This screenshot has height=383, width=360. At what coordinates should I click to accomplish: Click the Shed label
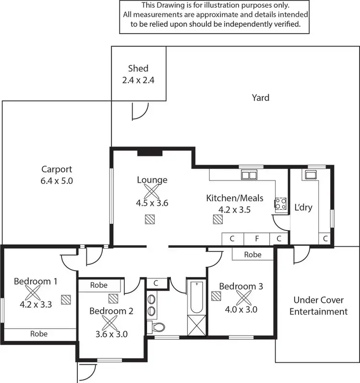pyautogui.click(x=138, y=69)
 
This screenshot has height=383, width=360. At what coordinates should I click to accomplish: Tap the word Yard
pyautogui.click(x=261, y=98)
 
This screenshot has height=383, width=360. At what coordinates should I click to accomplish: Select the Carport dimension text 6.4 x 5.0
pyautogui.click(x=57, y=181)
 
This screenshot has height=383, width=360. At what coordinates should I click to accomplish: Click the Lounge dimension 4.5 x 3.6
pyautogui.click(x=152, y=203)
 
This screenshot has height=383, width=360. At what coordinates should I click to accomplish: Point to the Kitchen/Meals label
pyautogui.click(x=228, y=198)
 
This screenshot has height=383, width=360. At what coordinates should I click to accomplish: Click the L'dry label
pyautogui.click(x=303, y=207)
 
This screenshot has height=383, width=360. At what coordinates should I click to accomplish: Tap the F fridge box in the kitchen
pyautogui.click(x=257, y=238)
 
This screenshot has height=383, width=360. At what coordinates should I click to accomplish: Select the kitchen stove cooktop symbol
pyautogui.click(x=280, y=204)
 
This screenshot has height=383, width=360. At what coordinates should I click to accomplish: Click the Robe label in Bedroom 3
pyautogui.click(x=252, y=254)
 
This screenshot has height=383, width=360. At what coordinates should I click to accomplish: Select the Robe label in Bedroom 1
pyautogui.click(x=39, y=334)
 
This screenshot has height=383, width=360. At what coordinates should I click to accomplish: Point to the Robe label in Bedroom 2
pyautogui.click(x=99, y=285)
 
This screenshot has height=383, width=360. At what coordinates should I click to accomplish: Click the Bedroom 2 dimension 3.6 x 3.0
pyautogui.click(x=111, y=334)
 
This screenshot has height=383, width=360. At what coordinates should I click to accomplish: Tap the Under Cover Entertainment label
pyautogui.click(x=319, y=306)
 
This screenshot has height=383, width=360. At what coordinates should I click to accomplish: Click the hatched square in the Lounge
pyautogui.click(x=150, y=219)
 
